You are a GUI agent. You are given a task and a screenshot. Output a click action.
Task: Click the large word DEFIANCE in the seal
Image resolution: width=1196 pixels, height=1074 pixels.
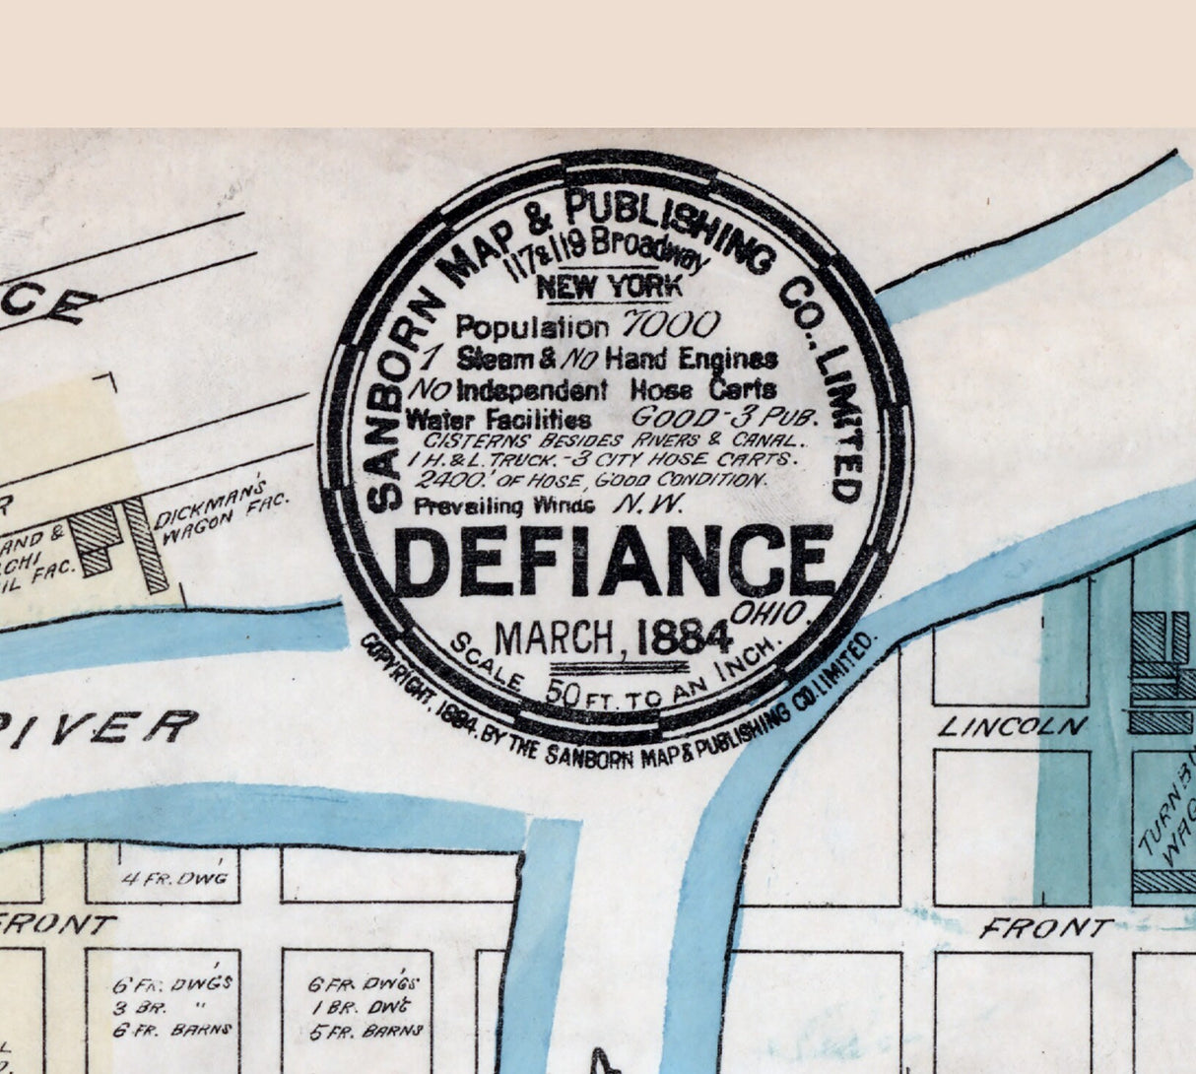click(613, 563)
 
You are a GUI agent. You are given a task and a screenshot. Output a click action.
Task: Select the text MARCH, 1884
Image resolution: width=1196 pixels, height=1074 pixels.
click(612, 638)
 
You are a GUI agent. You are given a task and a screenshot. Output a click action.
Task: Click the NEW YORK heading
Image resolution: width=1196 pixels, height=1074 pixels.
click(609, 287)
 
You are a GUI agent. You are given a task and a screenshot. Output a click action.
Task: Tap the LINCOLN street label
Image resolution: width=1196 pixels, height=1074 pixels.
click(1012, 727)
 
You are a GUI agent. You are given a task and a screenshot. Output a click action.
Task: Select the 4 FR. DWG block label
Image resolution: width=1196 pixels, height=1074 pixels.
click(174, 878)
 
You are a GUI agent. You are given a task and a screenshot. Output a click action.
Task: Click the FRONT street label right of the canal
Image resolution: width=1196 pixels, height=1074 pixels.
click(1045, 927)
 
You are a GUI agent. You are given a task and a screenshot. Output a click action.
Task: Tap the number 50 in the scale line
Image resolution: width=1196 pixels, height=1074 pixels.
click(563, 692)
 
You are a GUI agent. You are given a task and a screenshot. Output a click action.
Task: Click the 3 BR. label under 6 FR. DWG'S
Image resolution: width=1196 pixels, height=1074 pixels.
click(134, 1007)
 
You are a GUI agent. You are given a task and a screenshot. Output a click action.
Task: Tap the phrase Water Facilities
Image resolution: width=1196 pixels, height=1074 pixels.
click(498, 419)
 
